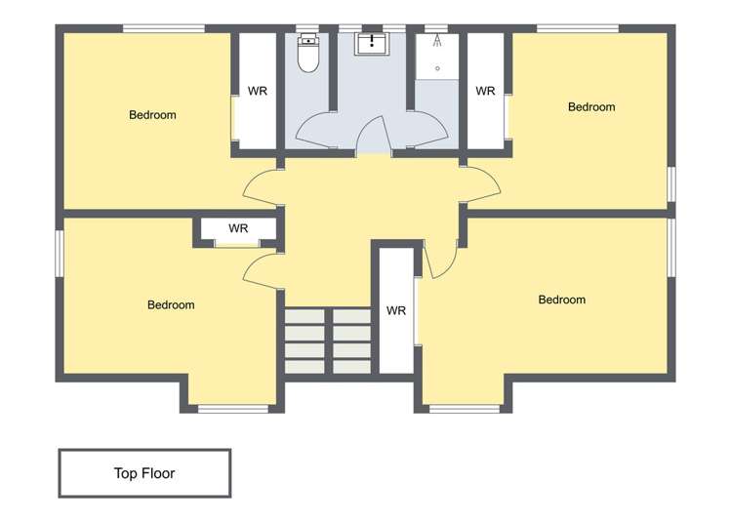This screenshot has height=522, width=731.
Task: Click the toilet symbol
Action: (x=308, y=54)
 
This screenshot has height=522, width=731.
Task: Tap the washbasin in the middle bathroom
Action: (x=372, y=43)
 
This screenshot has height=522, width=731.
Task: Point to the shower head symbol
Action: (x=437, y=43)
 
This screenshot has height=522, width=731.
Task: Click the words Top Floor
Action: (x=144, y=473)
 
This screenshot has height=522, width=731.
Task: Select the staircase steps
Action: (x=327, y=341)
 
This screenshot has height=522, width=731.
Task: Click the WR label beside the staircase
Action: (x=395, y=311)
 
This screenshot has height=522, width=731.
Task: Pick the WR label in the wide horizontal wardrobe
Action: (x=238, y=228)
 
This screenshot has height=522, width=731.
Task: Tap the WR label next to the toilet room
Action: (x=258, y=91)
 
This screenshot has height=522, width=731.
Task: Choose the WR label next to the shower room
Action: (x=485, y=91)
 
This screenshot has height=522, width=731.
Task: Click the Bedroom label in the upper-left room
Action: (x=152, y=115)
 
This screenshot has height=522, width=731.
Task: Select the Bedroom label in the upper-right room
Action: (x=591, y=106)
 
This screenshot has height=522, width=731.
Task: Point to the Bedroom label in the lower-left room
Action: (x=171, y=304)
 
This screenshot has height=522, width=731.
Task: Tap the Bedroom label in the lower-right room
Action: (x=562, y=300)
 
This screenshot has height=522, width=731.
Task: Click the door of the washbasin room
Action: (x=374, y=136)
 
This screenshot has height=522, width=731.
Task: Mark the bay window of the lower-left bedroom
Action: (x=232, y=408)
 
